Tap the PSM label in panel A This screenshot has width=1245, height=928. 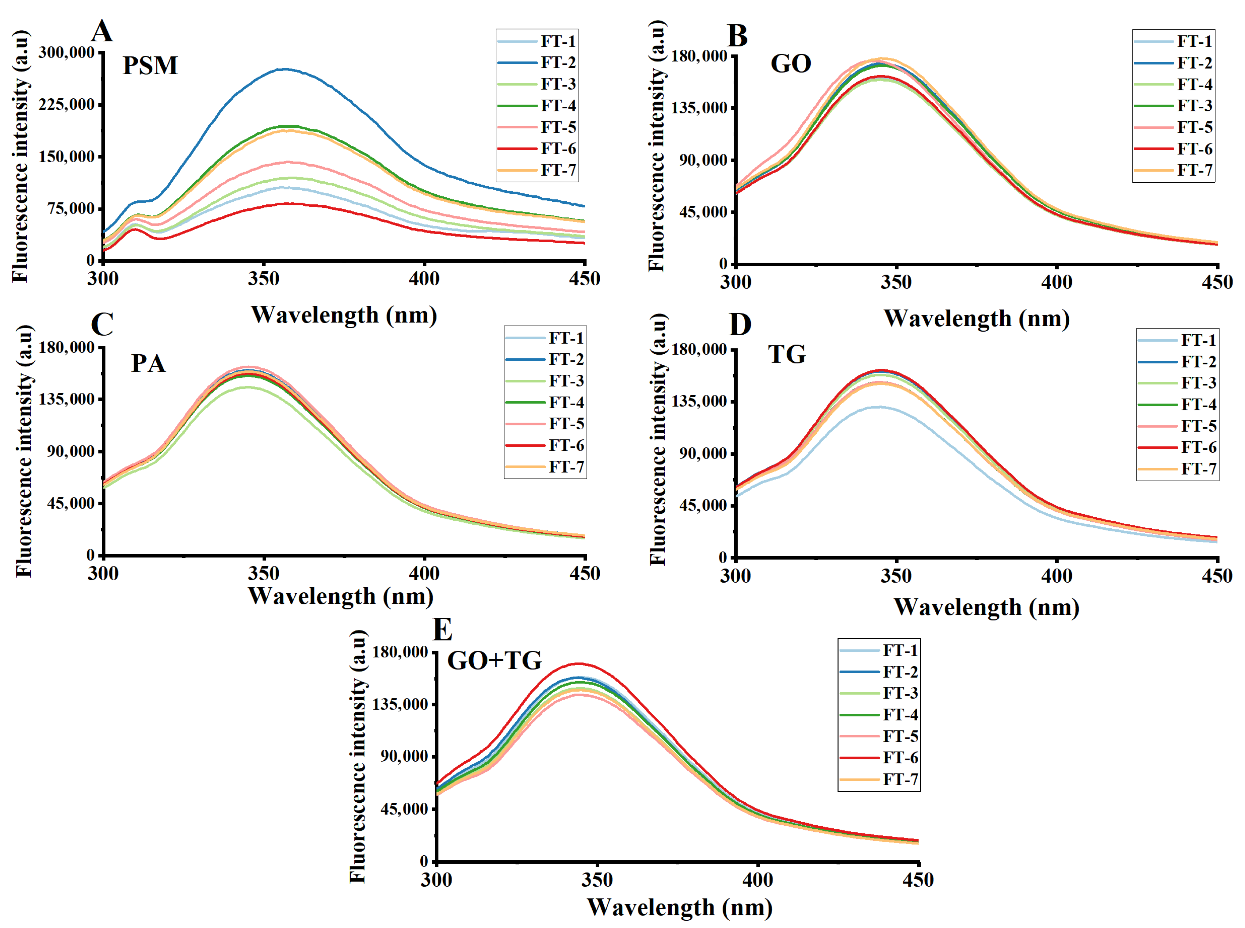tap(150, 66)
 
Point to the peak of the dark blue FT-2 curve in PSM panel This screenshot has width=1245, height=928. tap(285, 70)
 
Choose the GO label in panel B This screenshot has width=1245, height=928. tap(790, 63)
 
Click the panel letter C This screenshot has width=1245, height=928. tap(102, 324)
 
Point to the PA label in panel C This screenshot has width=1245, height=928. tap(148, 363)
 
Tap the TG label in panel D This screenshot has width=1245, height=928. tap(787, 355)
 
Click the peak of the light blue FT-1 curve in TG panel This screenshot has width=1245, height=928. tap(878, 407)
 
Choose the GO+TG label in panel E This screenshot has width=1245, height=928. tap(495, 661)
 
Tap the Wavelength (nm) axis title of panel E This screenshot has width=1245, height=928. tap(679, 907)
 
